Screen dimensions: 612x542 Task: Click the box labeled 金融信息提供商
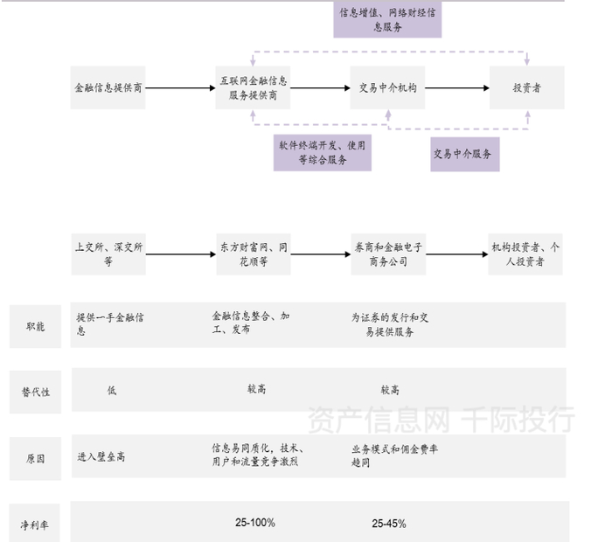click(x=108, y=87)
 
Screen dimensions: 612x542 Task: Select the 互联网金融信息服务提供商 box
click(x=253, y=87)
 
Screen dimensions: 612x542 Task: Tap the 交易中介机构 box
click(x=387, y=87)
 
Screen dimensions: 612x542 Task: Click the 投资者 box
click(x=527, y=87)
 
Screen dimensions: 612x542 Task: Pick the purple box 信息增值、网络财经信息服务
click(x=387, y=19)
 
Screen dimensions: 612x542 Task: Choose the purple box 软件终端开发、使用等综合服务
click(x=323, y=153)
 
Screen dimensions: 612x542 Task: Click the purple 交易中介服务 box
click(x=465, y=154)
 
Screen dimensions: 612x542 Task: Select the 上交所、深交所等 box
click(x=108, y=254)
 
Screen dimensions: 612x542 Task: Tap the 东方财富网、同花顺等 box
click(x=254, y=254)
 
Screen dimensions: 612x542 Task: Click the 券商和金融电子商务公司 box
click(x=388, y=254)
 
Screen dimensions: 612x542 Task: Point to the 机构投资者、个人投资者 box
click(x=525, y=254)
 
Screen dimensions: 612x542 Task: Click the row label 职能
click(x=36, y=326)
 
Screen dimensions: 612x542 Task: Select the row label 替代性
click(x=36, y=393)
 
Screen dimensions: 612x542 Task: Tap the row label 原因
click(x=36, y=458)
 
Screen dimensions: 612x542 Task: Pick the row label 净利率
click(x=35, y=525)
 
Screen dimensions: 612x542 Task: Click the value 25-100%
click(x=255, y=523)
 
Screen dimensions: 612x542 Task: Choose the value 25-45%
click(x=389, y=524)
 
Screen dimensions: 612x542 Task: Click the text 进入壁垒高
click(x=101, y=456)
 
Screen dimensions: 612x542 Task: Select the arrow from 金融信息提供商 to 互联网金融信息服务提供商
click(x=180, y=87)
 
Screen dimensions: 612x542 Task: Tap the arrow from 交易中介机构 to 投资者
click(x=457, y=87)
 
